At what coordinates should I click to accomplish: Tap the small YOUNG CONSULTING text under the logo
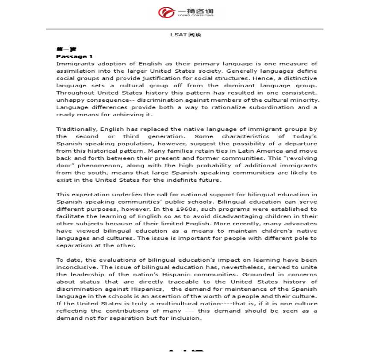point(195,15)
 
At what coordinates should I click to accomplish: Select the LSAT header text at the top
point(186,35)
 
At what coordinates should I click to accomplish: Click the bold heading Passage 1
point(74,56)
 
